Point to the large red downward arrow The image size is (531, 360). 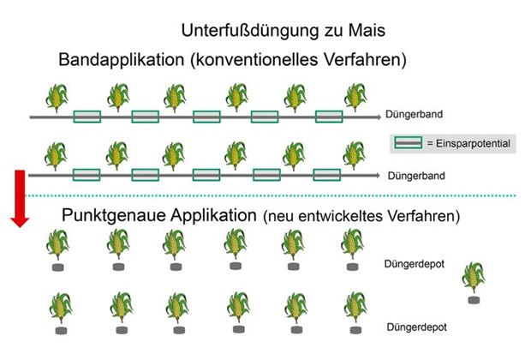18,198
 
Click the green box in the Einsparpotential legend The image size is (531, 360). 408,143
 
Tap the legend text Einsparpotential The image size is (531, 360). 471,143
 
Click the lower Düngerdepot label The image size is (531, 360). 415,327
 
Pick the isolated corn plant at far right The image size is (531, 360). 473,278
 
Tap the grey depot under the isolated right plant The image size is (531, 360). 473,300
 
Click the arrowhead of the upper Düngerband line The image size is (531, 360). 377,116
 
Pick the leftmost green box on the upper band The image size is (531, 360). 87,116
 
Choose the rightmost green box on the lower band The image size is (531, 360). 327,175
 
